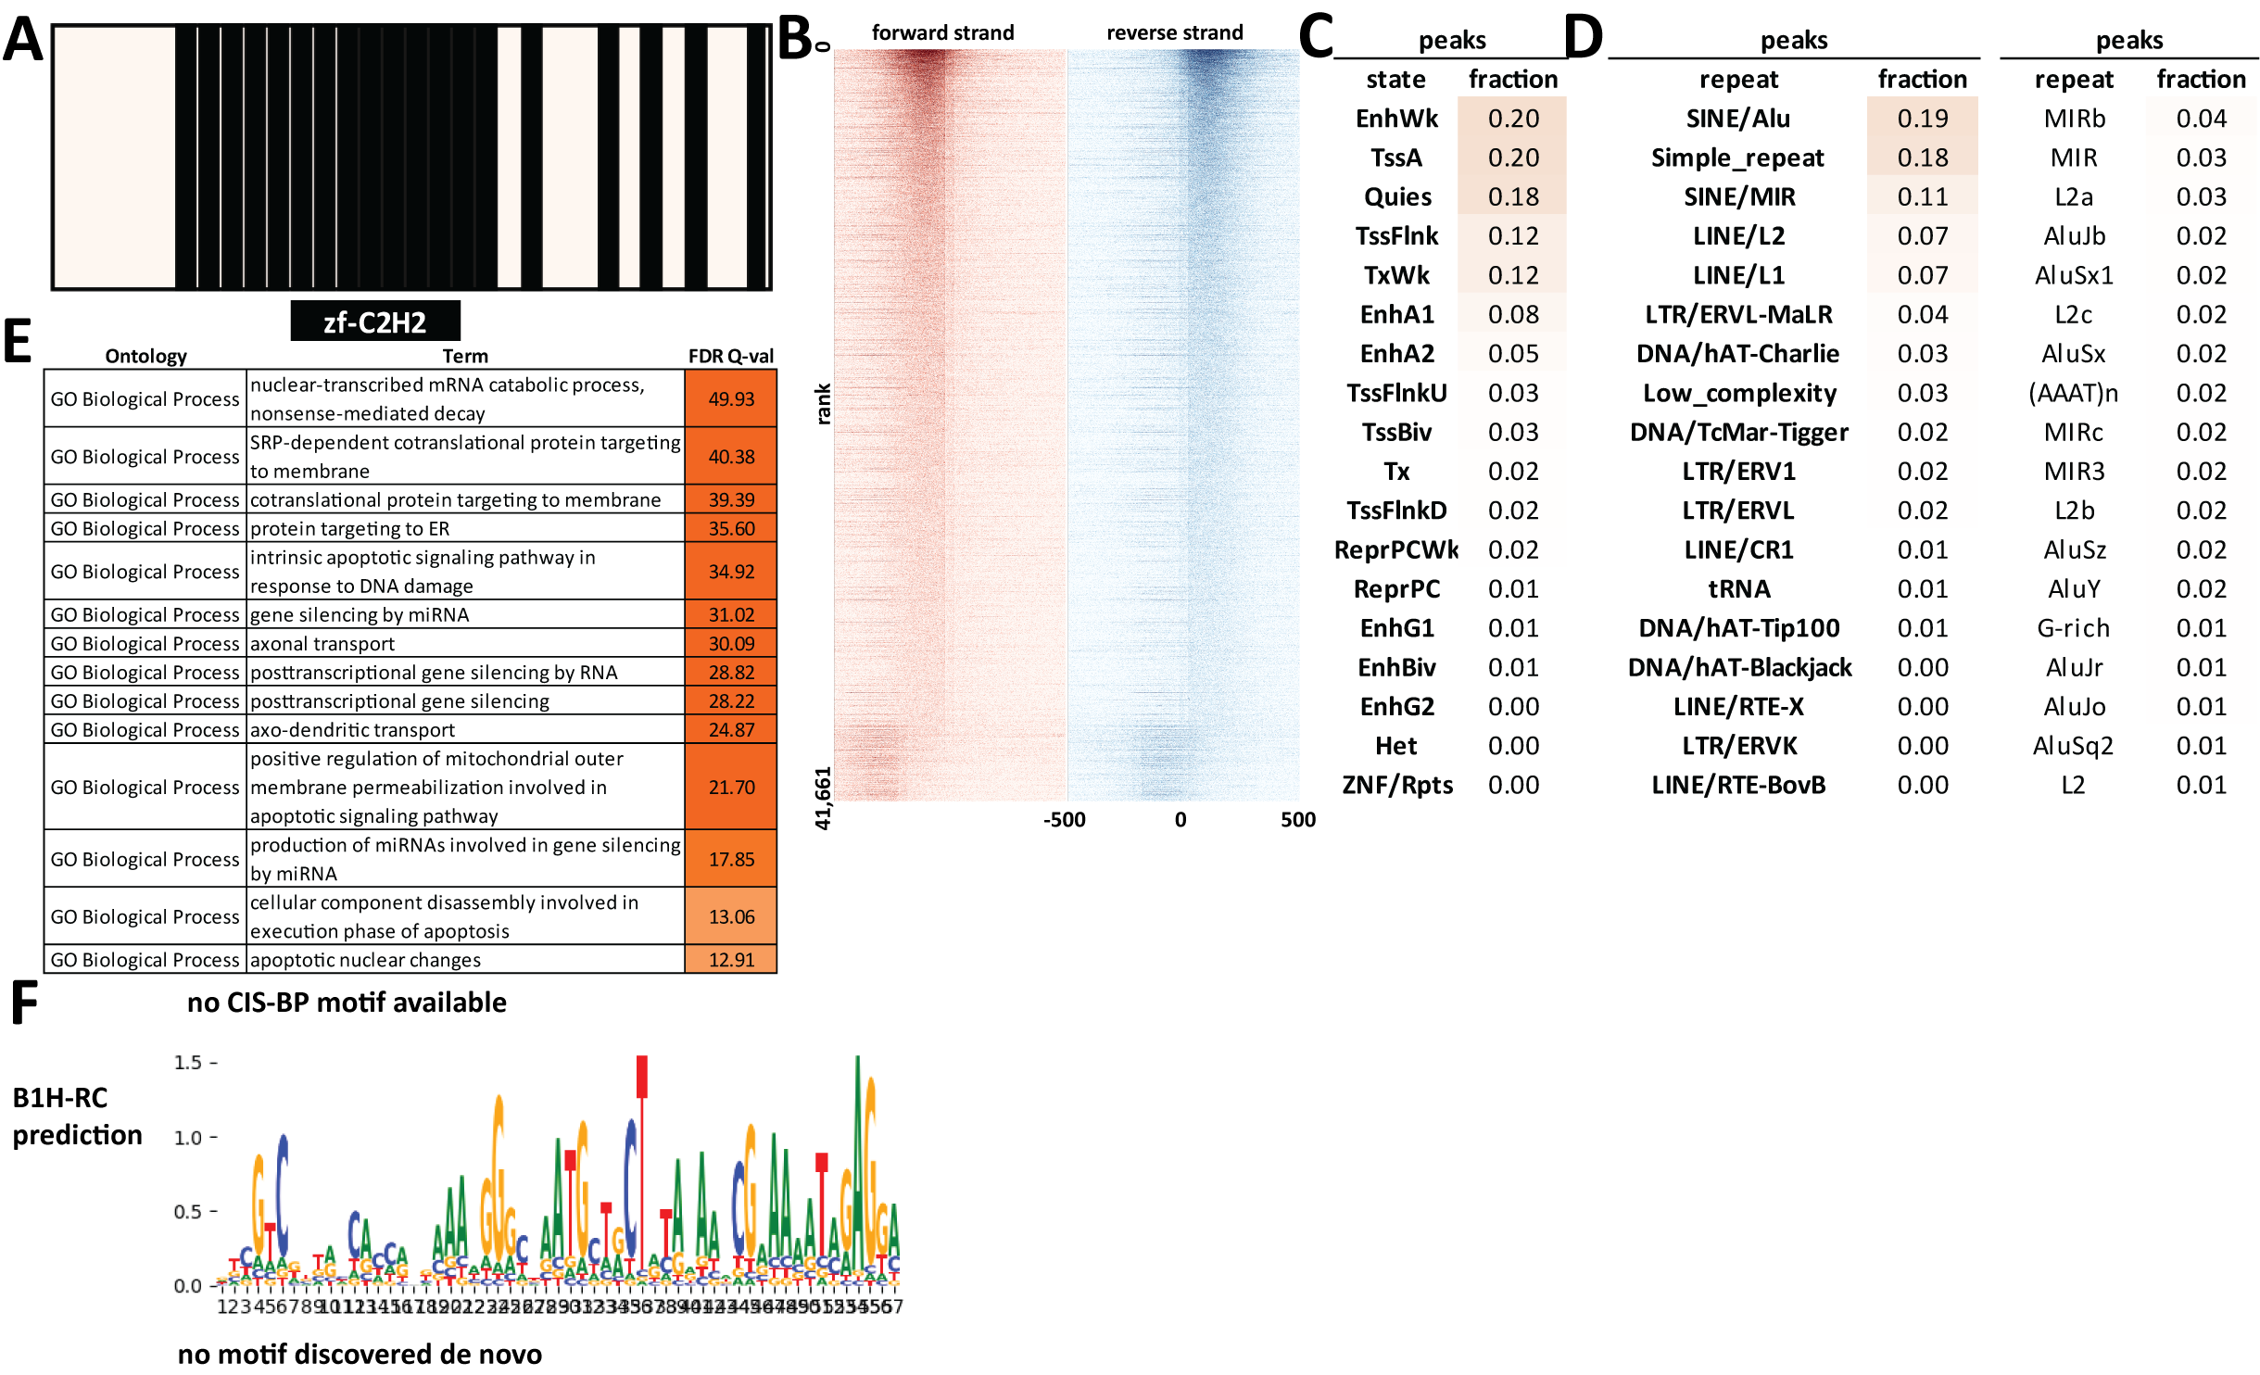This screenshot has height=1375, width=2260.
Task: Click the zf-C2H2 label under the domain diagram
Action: coord(374,322)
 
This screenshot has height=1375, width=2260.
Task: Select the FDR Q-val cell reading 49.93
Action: coord(731,398)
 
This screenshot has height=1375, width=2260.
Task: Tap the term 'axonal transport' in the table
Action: coord(322,643)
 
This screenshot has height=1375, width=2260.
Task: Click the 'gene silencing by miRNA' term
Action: coord(360,614)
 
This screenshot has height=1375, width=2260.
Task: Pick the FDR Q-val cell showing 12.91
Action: coord(731,960)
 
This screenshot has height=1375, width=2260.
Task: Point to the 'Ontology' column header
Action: coord(145,356)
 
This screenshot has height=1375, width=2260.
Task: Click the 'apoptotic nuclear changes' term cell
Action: coord(365,960)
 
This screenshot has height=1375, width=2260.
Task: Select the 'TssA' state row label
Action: coord(1396,158)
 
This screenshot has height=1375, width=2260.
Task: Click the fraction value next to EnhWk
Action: coord(1513,119)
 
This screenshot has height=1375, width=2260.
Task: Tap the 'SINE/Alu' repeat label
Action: coord(1738,119)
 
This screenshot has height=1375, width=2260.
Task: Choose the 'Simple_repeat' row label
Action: coord(1737,158)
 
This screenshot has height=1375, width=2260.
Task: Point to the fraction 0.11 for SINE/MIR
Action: coord(1923,196)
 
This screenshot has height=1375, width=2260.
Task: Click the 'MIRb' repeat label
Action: coord(2074,119)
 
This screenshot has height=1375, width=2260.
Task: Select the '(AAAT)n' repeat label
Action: coord(2073,393)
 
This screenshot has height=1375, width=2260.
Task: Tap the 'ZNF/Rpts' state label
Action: coord(1397,785)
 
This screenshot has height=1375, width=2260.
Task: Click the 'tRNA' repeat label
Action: coord(1738,588)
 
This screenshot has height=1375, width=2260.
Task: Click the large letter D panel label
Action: coord(1585,37)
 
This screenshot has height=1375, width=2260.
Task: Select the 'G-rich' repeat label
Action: coord(2073,628)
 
